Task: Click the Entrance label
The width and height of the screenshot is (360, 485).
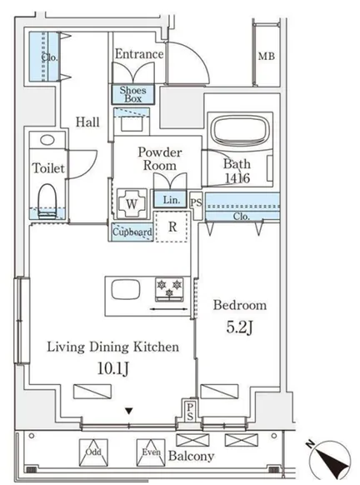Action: tap(139, 54)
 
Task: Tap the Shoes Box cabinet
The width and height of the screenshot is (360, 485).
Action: tap(132, 94)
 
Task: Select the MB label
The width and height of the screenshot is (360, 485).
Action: tap(267, 57)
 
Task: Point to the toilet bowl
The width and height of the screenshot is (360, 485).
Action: tap(47, 201)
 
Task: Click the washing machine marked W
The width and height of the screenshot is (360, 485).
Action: tap(132, 203)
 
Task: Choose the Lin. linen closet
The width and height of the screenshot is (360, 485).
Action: tap(170, 199)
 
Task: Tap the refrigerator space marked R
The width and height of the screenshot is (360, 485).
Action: tap(172, 227)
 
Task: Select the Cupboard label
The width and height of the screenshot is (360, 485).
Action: tap(132, 232)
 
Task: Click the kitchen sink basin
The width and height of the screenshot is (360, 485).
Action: tap(126, 289)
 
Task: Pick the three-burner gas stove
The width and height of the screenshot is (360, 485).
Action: tap(169, 289)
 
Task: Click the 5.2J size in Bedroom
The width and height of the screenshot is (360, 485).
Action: tap(240, 327)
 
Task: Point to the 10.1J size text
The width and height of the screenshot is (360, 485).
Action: tap(112, 368)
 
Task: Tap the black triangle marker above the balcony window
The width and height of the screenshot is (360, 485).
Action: tap(129, 411)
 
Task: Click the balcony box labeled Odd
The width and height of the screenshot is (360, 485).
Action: tap(93, 452)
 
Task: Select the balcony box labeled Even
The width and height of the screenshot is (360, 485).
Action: tap(151, 452)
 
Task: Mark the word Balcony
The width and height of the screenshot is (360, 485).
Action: tap(191, 456)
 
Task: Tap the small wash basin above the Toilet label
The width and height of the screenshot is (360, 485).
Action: tap(47, 140)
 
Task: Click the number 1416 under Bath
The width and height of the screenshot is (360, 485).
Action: tap(237, 177)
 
